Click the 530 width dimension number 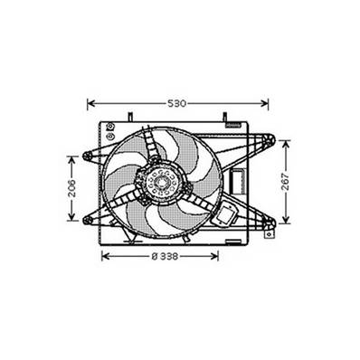pyautogui.click(x=177, y=103)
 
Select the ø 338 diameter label pyautogui.click(x=164, y=256)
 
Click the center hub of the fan pyautogui.click(x=164, y=186)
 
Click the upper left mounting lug pyautogui.click(x=87, y=156)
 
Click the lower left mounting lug pyautogui.click(x=87, y=219)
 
